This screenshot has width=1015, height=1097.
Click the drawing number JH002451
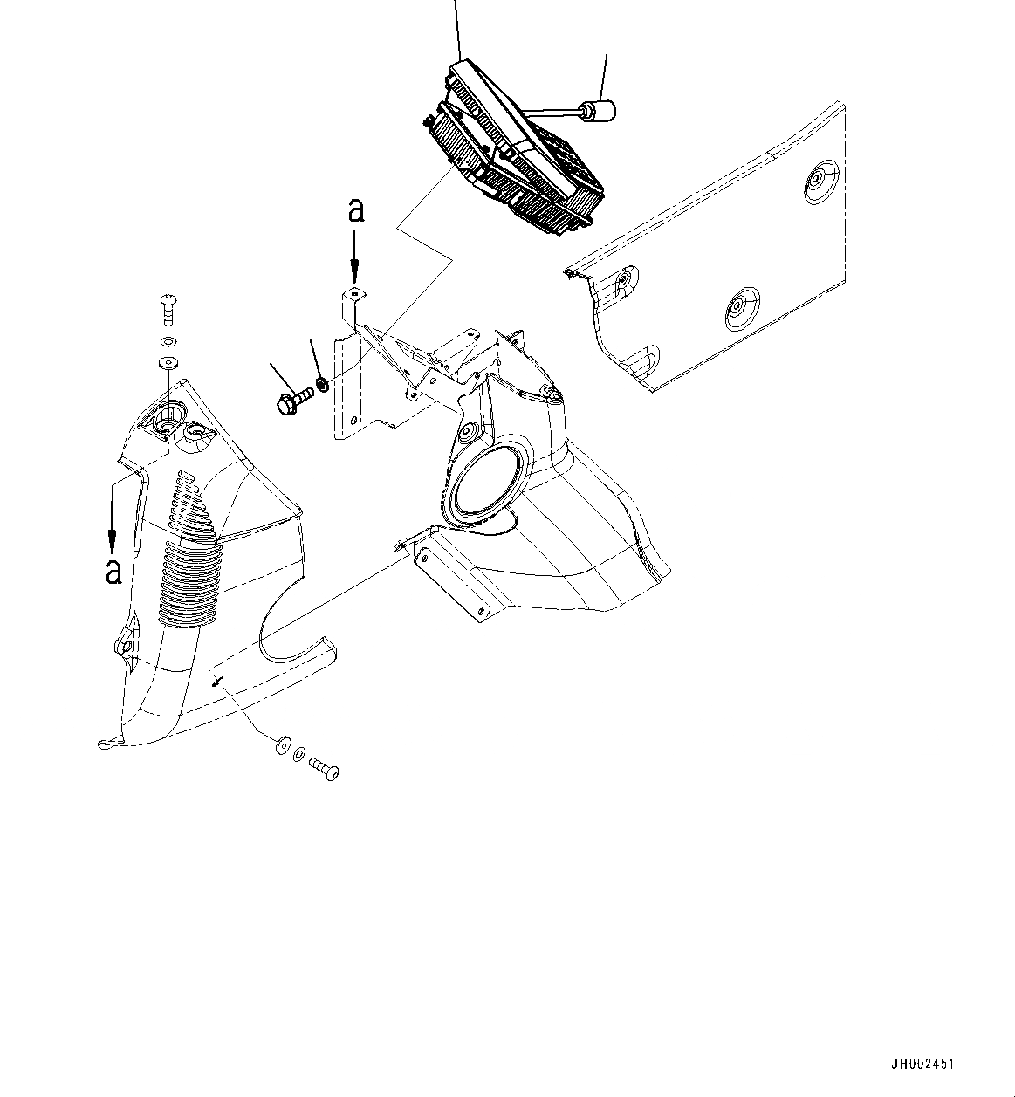click(922, 1065)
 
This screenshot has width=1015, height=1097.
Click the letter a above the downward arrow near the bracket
click(357, 211)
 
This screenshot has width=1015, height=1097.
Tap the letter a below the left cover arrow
click(113, 572)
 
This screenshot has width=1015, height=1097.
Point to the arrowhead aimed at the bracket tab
click(354, 275)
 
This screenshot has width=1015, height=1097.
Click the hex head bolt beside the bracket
click(294, 400)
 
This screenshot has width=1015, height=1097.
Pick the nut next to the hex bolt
click(321, 383)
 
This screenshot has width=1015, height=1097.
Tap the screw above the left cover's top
click(168, 309)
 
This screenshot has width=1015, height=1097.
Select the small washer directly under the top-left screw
click(168, 341)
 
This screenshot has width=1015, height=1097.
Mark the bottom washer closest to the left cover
click(283, 744)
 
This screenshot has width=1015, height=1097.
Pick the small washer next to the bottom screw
click(299, 754)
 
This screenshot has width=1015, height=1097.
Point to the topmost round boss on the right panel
click(821, 182)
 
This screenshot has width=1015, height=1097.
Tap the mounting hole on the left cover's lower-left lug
click(124, 647)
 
